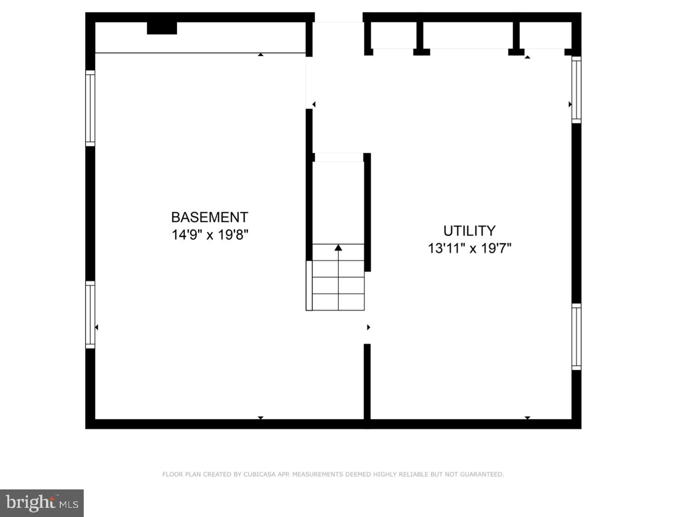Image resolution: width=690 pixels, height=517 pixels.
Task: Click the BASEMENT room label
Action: [x=209, y=217]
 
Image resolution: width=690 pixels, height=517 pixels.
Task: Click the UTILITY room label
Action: [x=469, y=230]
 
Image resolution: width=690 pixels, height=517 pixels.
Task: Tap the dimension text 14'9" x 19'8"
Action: [x=210, y=235]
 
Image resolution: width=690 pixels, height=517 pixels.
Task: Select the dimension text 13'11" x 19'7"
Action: [x=469, y=248]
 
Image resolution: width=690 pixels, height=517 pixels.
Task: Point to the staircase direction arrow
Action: [x=339, y=248]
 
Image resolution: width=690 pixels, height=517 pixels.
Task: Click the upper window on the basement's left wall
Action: [x=90, y=108]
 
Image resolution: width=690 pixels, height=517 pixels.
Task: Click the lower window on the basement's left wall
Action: [x=90, y=314]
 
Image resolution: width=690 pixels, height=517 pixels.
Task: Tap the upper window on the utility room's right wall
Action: [x=576, y=89]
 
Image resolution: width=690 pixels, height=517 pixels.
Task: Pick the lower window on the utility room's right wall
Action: [x=576, y=336]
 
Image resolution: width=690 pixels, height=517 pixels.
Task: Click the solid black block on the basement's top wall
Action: [x=162, y=28]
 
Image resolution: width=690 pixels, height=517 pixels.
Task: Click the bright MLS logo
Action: [x=42, y=503]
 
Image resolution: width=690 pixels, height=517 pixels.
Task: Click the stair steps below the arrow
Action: [x=339, y=285]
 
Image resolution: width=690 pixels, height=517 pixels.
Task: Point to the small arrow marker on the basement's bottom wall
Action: [x=261, y=418]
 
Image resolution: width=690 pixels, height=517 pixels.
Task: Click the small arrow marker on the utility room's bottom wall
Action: [x=528, y=418]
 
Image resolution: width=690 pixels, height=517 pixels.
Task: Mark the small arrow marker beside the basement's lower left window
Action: [x=97, y=327]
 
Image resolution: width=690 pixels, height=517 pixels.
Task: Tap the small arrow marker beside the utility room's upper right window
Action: [x=570, y=104]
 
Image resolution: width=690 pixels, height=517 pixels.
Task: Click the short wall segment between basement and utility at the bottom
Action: [x=367, y=382]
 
